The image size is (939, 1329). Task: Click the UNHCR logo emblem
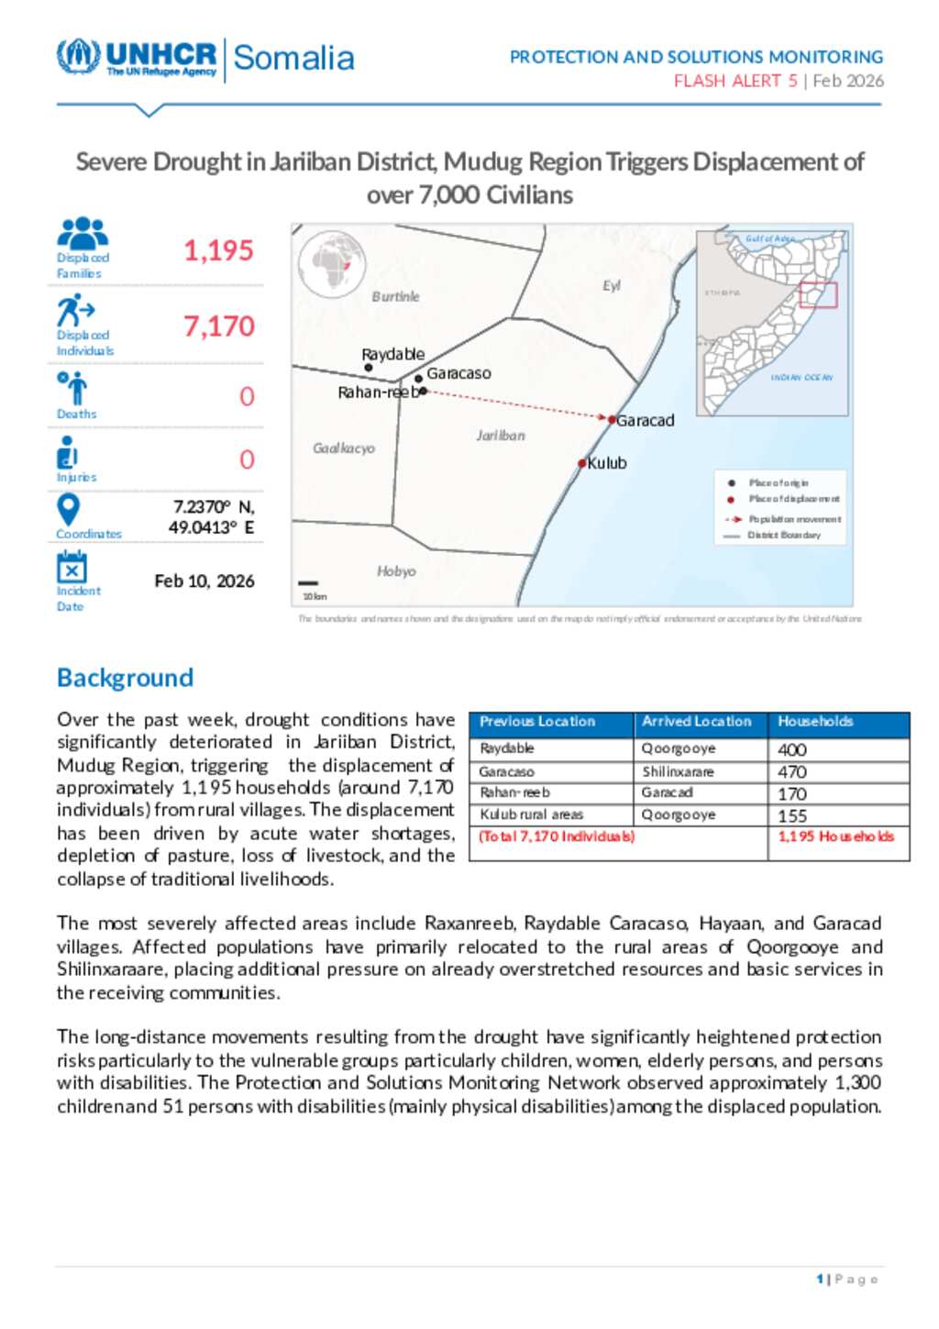pyautogui.click(x=78, y=56)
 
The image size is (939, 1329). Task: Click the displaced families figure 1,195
pyautogui.click(x=218, y=250)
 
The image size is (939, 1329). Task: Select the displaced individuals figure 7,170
pyautogui.click(x=218, y=327)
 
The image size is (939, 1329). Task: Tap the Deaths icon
pyautogui.click(x=72, y=387)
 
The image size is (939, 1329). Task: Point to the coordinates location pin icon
pyautogui.click(x=69, y=509)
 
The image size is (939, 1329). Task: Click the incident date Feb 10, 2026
pyautogui.click(x=204, y=581)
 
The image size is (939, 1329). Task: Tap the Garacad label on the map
pyautogui.click(x=645, y=421)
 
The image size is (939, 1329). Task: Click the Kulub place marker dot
pyautogui.click(x=581, y=463)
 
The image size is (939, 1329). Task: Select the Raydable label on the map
pyautogui.click(x=392, y=354)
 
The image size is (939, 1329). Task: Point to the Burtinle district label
pyautogui.click(x=395, y=297)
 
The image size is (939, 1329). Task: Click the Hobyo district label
pyautogui.click(x=396, y=571)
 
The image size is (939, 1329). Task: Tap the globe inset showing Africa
pyautogui.click(x=332, y=265)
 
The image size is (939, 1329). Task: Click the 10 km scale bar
pyautogui.click(x=308, y=583)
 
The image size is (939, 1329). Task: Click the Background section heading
pyautogui.click(x=125, y=678)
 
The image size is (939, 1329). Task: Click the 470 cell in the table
pyautogui.click(x=792, y=772)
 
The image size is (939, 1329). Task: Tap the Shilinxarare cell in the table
pyautogui.click(x=678, y=772)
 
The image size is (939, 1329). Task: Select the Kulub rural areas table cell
pyautogui.click(x=532, y=814)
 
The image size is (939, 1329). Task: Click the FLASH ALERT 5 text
pyautogui.click(x=735, y=81)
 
